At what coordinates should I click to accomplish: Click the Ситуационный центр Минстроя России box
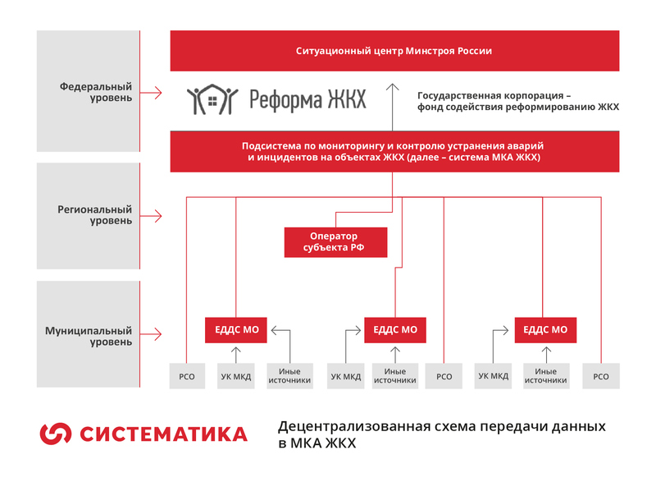tap(394, 51)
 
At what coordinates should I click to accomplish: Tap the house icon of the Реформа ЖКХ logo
tap(212, 100)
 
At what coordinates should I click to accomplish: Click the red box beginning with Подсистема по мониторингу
tap(394, 150)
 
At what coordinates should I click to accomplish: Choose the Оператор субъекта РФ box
tap(335, 242)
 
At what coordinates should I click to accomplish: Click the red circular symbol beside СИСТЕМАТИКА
tap(56, 433)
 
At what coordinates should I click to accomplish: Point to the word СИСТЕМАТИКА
tap(162, 434)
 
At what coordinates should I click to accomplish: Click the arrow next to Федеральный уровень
tap(155, 92)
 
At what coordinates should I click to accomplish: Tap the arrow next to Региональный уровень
tap(155, 215)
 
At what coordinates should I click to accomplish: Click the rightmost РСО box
tap(601, 377)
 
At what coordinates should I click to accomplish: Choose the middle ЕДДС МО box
tap(394, 330)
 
